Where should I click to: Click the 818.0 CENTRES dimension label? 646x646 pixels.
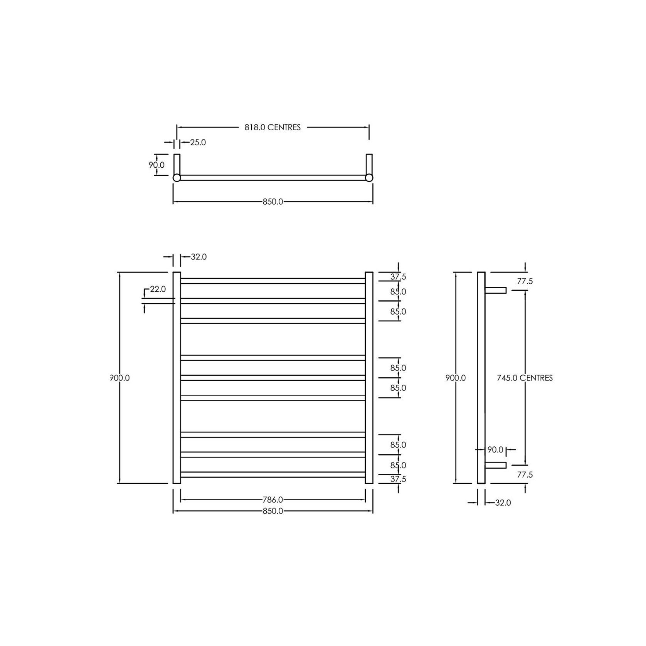tap(273, 128)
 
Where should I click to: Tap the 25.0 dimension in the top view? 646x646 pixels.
tap(198, 143)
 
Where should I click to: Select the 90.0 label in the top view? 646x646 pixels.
tap(156, 165)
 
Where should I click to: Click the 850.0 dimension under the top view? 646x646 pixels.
tap(273, 202)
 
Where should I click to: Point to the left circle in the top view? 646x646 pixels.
tap(177, 178)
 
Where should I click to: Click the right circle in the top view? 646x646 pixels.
tap(369, 178)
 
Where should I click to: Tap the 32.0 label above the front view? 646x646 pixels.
tap(199, 257)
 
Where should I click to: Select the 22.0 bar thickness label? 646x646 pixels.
tap(158, 289)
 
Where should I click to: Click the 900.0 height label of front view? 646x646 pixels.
tap(120, 378)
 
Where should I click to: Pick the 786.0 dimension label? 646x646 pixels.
tap(273, 500)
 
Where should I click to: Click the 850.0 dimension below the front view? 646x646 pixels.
tap(273, 511)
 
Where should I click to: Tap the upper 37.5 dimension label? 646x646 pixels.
tap(398, 277)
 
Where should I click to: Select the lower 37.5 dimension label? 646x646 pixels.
tap(398, 479)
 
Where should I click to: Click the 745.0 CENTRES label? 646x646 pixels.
tap(525, 378)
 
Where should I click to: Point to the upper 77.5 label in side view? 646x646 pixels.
tap(525, 281)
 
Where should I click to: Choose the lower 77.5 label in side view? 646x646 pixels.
tap(525, 475)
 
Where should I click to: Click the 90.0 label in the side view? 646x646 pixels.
tap(495, 450)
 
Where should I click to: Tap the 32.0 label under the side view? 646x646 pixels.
tap(503, 503)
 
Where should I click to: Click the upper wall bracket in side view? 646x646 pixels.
tap(496, 290)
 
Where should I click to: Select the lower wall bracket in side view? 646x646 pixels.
tap(496, 465)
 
